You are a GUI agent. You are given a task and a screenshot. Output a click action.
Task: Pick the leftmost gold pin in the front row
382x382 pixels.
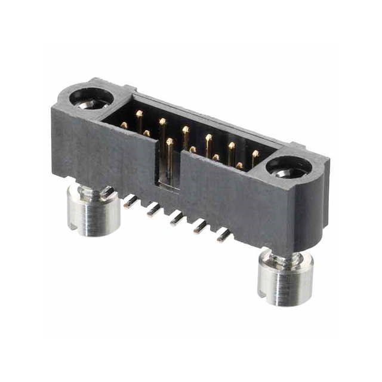click(124, 125)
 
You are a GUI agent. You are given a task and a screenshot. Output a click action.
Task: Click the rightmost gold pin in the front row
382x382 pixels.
click(239, 165)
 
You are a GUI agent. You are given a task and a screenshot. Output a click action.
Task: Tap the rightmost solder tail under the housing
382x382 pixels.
click(223, 235)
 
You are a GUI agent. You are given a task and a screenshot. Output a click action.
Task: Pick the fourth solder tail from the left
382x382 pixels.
click(199, 227)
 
